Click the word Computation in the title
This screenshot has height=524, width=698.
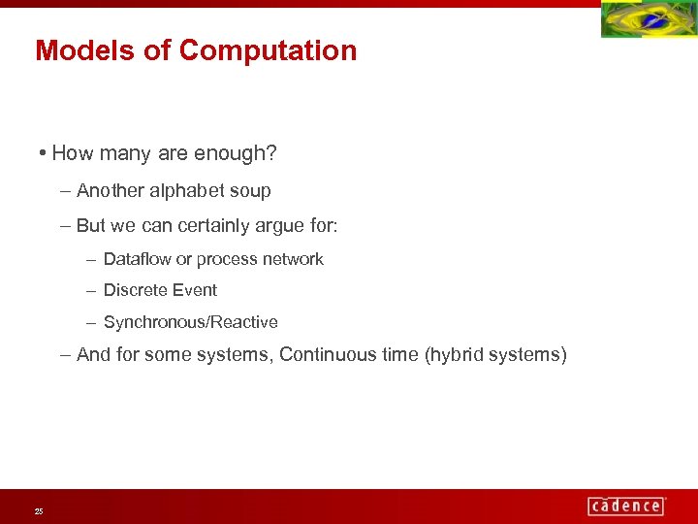coord(268,50)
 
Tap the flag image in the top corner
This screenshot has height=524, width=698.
coord(649,19)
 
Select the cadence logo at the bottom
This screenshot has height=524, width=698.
coord(626,506)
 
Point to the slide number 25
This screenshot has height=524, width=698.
coord(39,510)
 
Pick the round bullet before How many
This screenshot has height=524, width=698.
coord(45,153)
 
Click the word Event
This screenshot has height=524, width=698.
coord(195,290)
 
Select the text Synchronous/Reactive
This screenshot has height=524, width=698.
coord(190,322)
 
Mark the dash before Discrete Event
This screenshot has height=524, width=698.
coord(90,290)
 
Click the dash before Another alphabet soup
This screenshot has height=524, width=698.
coord(65,191)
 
